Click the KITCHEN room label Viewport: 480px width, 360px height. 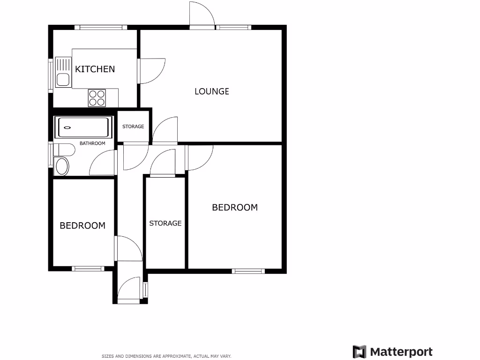[95, 69]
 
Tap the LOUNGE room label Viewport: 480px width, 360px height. [212, 91]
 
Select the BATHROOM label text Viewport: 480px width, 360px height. [92, 143]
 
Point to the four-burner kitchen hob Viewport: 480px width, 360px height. [97, 98]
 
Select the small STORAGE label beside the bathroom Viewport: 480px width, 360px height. [133, 127]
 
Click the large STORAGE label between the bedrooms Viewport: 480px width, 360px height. [165, 223]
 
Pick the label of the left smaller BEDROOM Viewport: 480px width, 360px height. [82, 225]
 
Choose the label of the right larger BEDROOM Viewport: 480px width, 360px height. [235, 207]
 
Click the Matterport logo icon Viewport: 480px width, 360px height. [360, 352]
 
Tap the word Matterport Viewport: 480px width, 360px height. [401, 352]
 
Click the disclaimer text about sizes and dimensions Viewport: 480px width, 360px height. [166, 356]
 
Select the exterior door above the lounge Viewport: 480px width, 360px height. [202, 15]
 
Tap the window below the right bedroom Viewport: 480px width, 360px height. [248, 270]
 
